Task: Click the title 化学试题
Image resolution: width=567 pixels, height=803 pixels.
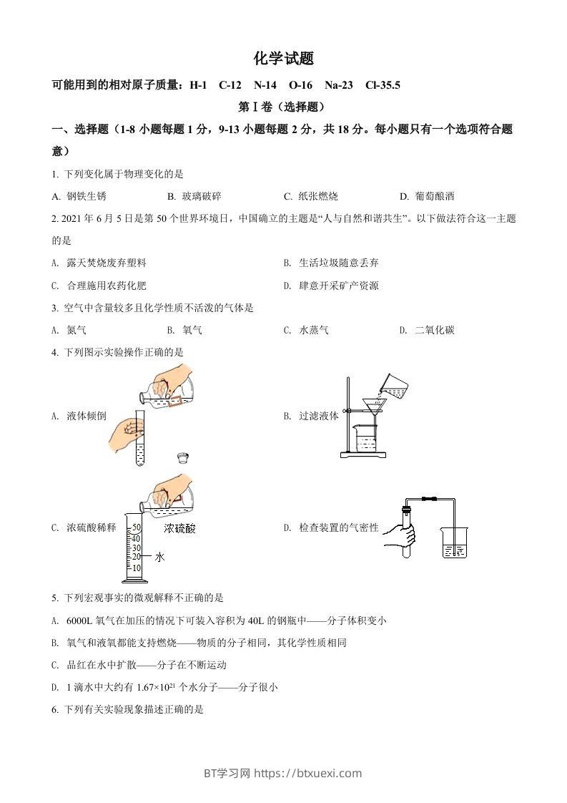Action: point(283,59)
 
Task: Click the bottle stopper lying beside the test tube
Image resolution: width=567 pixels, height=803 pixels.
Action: point(183,458)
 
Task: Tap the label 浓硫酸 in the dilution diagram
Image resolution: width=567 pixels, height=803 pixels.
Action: point(179,529)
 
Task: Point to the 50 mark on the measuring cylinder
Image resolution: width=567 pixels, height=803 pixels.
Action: point(137,528)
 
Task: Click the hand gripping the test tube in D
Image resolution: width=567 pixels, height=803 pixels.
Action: point(400,534)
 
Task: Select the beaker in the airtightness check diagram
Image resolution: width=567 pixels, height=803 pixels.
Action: point(453,543)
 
